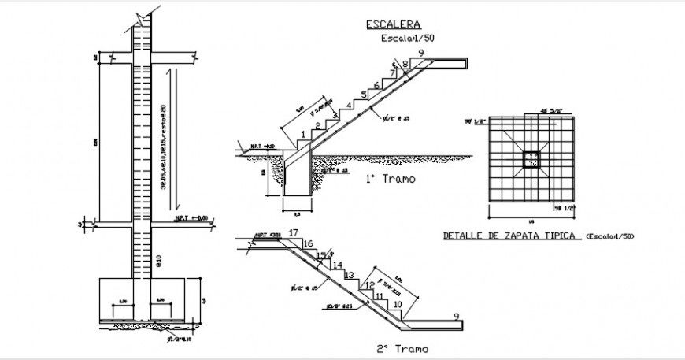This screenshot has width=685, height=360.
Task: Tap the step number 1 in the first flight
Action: point(303,135)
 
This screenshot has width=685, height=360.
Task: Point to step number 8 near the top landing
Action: point(405,64)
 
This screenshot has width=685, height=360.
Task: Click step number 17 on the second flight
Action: point(294,232)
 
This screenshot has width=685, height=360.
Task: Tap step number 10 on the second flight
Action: point(398,304)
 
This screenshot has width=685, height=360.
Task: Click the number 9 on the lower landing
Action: point(456,317)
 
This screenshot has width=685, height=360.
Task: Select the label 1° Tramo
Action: point(391,180)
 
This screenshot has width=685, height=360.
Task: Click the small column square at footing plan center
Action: point(531,161)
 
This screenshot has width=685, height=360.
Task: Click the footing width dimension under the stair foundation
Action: point(297,213)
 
